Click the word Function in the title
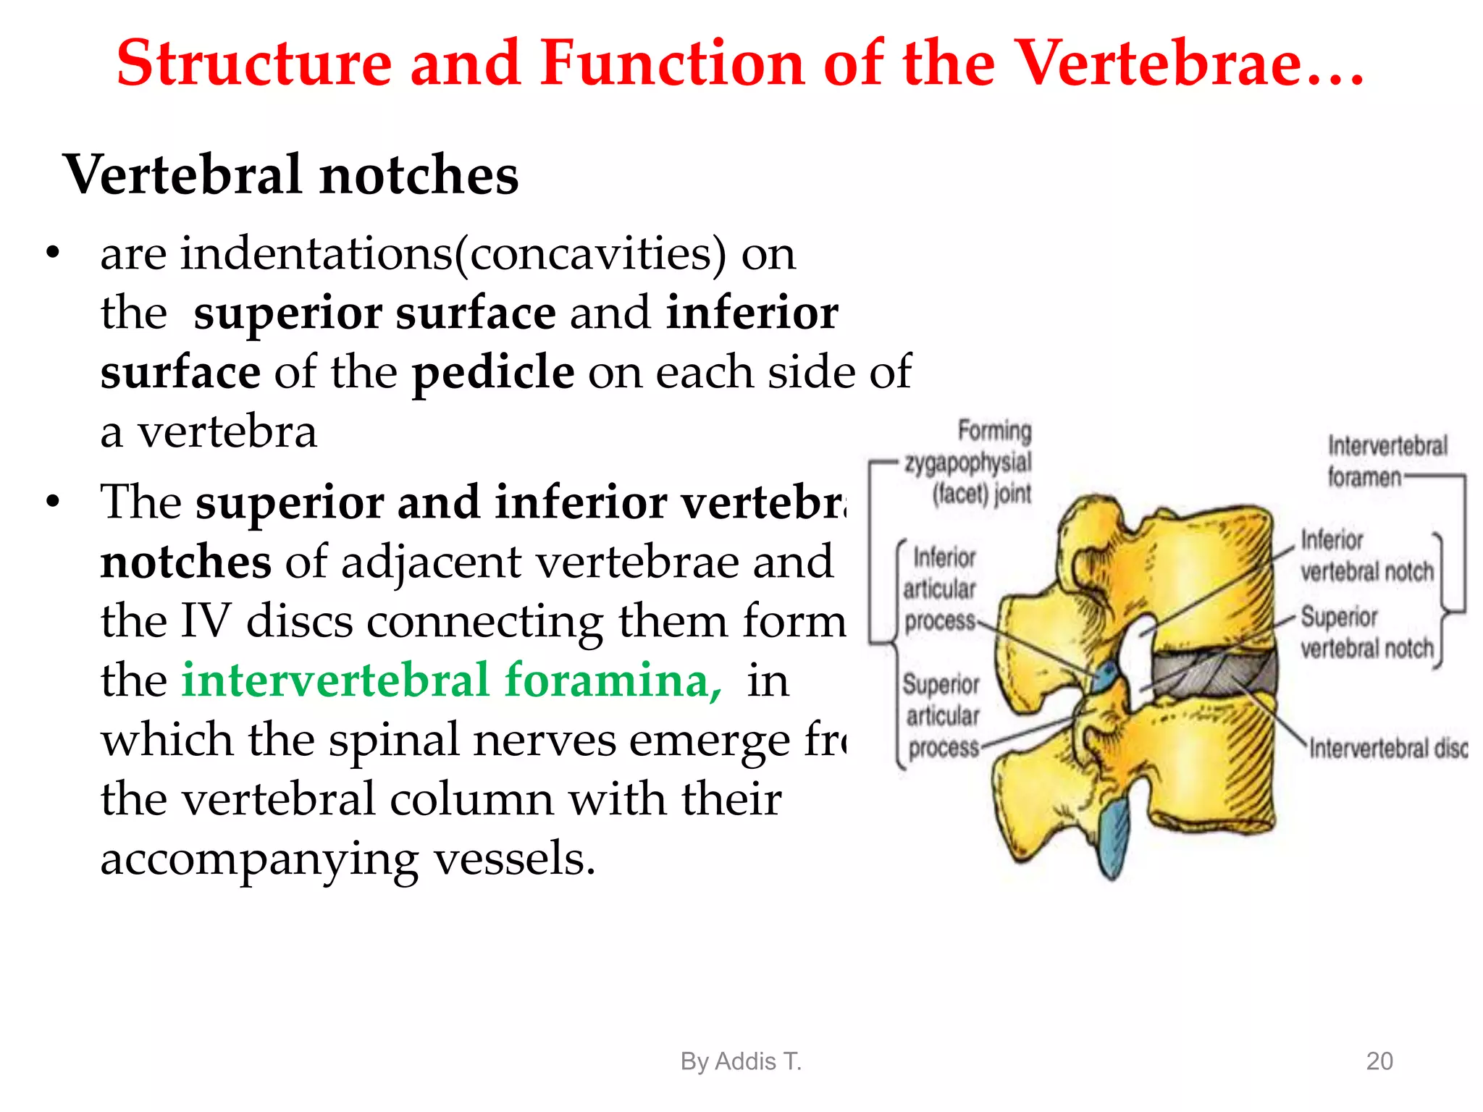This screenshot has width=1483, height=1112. [x=671, y=64]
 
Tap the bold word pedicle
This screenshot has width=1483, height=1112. [x=493, y=372]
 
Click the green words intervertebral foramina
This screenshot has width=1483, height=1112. [x=451, y=681]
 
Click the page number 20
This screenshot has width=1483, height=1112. [x=1379, y=1061]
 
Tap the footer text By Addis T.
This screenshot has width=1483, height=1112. [x=741, y=1061]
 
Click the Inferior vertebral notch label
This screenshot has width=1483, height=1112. [x=1366, y=556]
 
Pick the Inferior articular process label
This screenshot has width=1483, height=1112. [x=941, y=589]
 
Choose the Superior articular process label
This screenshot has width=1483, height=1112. [x=942, y=715]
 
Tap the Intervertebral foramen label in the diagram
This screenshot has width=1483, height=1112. [x=1386, y=461]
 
